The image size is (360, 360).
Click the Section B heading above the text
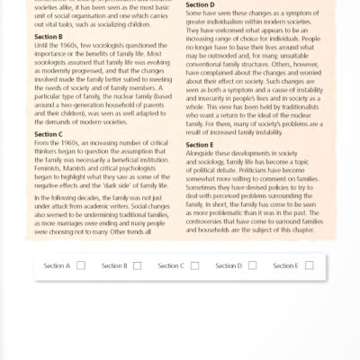[47, 39]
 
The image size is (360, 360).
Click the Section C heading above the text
[47, 132]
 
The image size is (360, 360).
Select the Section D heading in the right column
[201, 4]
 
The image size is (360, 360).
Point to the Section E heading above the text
[201, 145]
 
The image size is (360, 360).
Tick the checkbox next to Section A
[81, 265]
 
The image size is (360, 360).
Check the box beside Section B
[137, 265]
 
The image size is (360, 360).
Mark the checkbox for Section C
[194, 265]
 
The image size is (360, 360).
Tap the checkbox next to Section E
[309, 265]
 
